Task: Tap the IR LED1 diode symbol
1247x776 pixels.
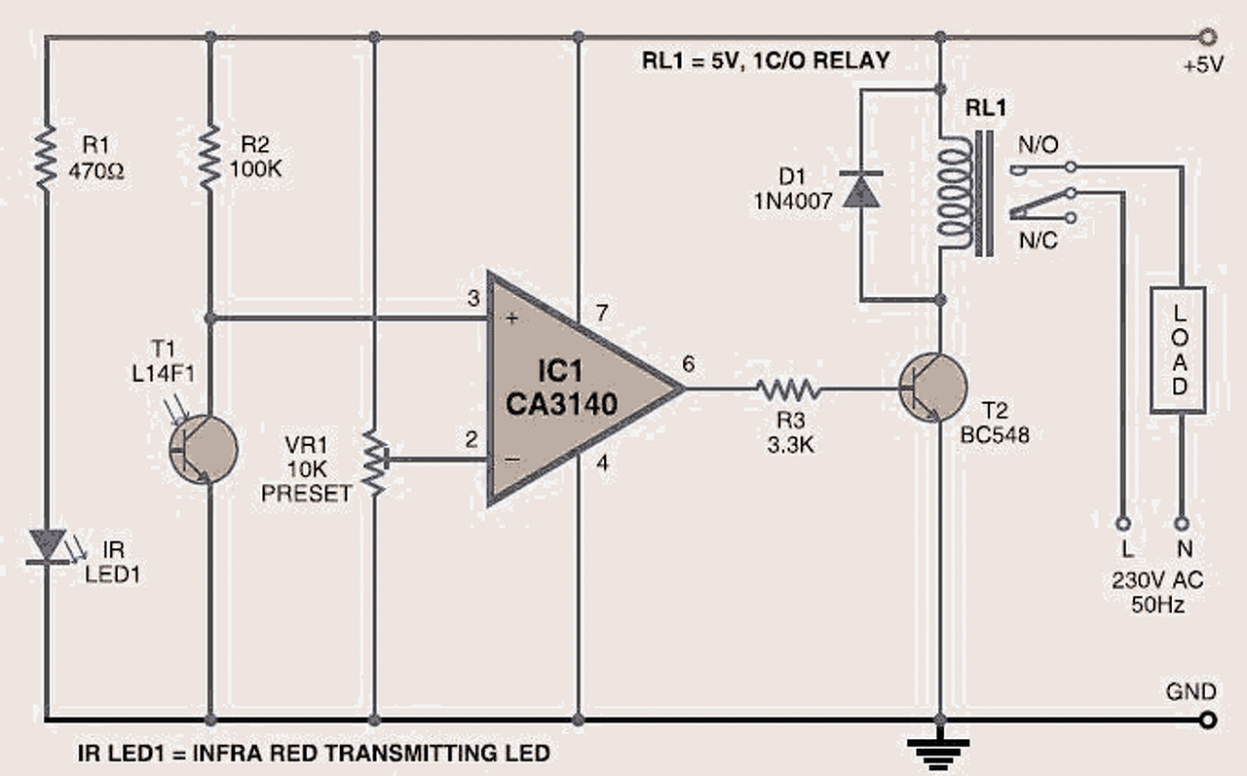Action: [46, 545]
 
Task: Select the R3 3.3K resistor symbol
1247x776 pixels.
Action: [789, 389]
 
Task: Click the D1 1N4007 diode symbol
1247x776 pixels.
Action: [860, 190]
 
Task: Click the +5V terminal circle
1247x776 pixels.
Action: [1209, 38]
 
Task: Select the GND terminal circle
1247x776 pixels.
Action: [1209, 721]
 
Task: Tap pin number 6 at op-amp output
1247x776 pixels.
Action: [689, 365]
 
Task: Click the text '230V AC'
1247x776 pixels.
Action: [1157, 580]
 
